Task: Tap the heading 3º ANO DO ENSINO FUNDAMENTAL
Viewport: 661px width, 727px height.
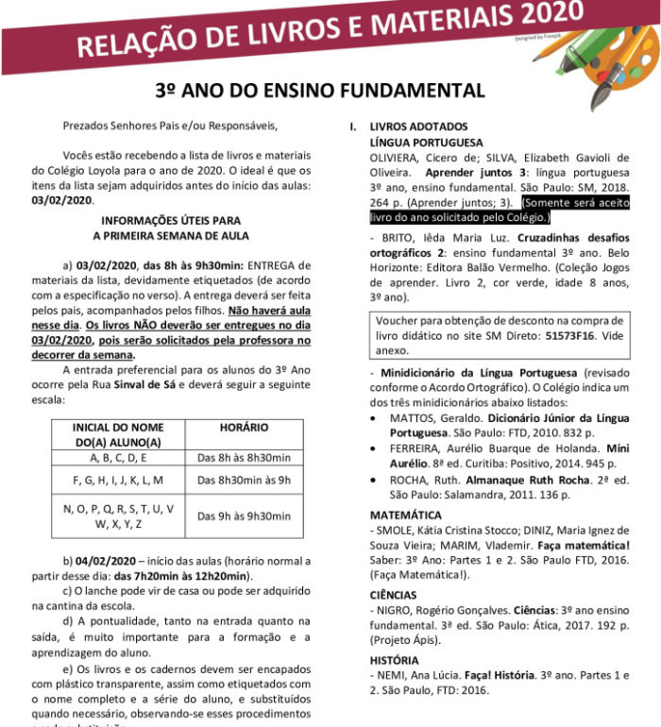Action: coord(320,91)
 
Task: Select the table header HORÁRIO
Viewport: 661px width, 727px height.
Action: coord(244,428)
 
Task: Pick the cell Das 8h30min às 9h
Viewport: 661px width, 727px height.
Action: coord(244,480)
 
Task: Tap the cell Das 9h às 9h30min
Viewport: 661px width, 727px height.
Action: coord(244,516)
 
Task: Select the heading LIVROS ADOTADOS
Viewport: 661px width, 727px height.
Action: coord(413,127)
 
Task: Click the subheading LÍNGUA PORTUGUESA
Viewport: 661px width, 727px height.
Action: coord(426,142)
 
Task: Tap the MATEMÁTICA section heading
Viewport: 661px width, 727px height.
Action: coord(405,516)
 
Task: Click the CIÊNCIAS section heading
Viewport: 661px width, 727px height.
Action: coord(393,595)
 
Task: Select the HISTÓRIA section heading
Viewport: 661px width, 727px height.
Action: coord(394,660)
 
